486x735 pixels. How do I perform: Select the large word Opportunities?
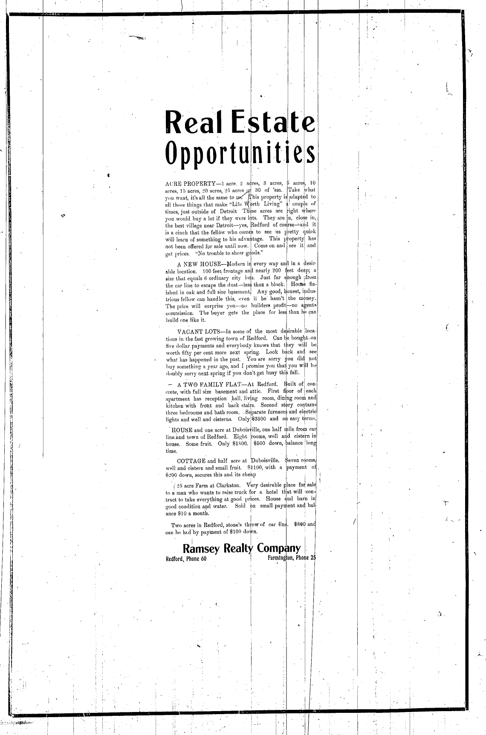pyautogui.click(x=241, y=153)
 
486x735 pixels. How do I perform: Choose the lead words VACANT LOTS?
pyautogui.click(x=199, y=331)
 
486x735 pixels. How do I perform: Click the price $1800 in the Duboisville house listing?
pyautogui.click(x=239, y=444)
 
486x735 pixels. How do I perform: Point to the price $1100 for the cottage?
pyautogui.click(x=254, y=467)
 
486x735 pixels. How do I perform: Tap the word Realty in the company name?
pyautogui.click(x=238, y=549)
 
